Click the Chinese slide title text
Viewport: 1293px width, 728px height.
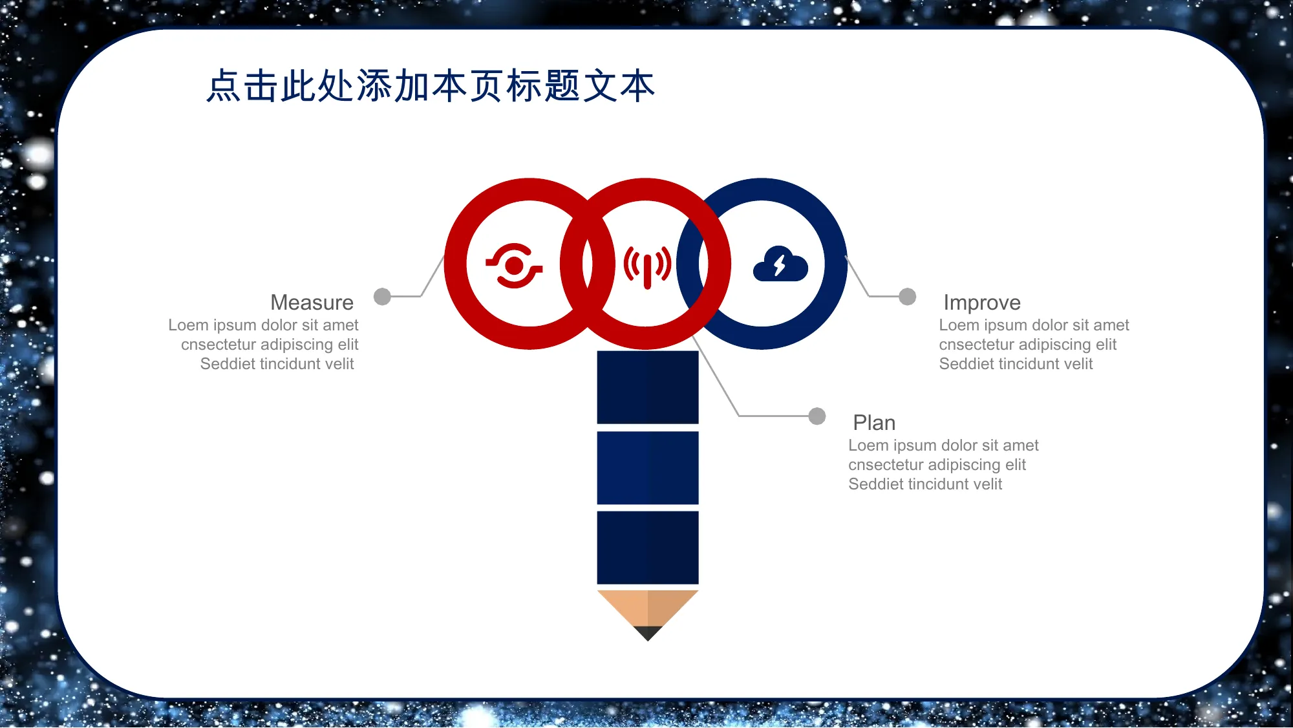tap(431, 86)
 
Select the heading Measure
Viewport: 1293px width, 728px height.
tap(312, 303)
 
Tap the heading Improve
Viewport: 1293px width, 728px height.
tap(982, 303)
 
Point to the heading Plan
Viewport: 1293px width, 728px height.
tap(874, 423)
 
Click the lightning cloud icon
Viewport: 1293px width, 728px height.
tap(780, 263)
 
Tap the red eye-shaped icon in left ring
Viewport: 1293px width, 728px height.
tap(514, 265)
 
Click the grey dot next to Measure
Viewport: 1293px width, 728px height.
tap(383, 296)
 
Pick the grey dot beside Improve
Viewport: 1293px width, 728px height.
tap(908, 296)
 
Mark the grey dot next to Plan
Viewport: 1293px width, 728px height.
tap(817, 416)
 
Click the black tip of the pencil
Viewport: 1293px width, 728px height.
tap(648, 633)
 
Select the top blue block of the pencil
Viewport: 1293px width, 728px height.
tap(648, 387)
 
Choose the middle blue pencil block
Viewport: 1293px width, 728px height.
tap(648, 467)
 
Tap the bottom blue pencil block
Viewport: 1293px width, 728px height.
tap(648, 548)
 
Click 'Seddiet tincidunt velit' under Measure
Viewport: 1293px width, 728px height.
tap(277, 364)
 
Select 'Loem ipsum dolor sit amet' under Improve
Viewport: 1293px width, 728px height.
tap(1034, 325)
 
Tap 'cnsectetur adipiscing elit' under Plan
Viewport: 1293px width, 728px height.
tap(937, 465)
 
